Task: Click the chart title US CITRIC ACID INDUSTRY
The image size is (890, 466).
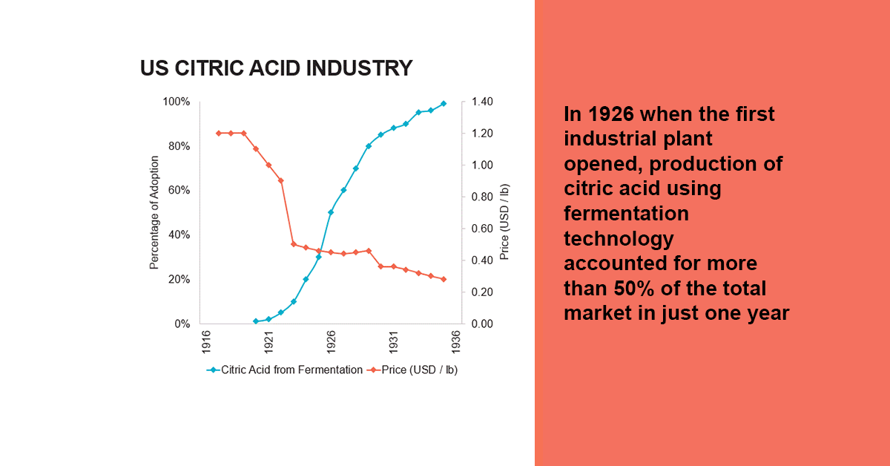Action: coord(276,69)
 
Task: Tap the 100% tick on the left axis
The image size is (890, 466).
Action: coord(177,102)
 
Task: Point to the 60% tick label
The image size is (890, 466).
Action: coord(179,191)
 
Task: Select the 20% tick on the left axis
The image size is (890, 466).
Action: coord(179,280)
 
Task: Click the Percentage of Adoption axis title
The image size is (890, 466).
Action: coord(154,212)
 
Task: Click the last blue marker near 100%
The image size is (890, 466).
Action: coord(444,104)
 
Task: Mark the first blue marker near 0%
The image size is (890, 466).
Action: coord(256,321)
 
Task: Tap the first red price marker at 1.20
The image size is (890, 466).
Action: coord(219,134)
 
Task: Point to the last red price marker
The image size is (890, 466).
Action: coord(444,279)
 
